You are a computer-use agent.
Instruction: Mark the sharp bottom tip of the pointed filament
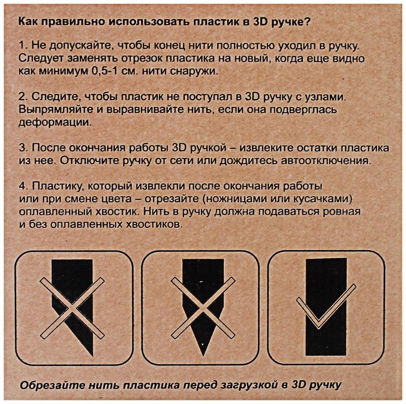(203, 355)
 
